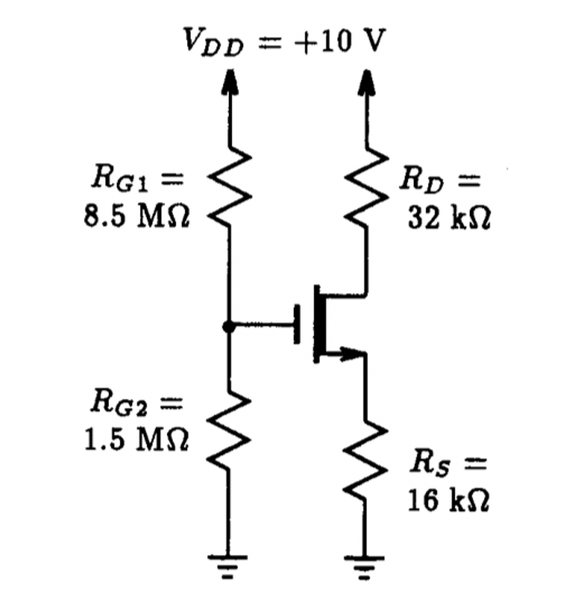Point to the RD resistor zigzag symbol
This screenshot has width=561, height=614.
coord(365,191)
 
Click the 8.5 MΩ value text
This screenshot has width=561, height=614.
coord(136,218)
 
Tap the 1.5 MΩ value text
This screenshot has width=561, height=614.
coord(136,437)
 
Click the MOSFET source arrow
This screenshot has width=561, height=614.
coord(345,353)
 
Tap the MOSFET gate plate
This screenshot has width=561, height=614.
coord(298,325)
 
